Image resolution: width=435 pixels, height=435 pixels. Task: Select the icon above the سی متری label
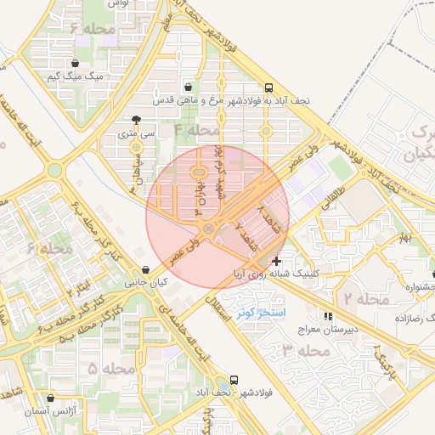pyautogui.click(x=137, y=120)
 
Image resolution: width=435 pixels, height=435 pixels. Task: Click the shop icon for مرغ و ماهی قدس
pyautogui.click(x=188, y=87)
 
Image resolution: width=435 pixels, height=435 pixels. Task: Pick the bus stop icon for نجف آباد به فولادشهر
pyautogui.click(x=269, y=87)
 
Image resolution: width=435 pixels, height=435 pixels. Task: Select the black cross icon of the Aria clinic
pyautogui.click(x=277, y=261)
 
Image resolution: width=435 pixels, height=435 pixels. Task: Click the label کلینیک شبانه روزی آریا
pyautogui.click(x=277, y=274)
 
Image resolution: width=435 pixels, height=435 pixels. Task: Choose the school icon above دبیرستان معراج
pyautogui.click(x=329, y=315)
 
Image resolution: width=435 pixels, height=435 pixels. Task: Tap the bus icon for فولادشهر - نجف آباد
pyautogui.click(x=234, y=381)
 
